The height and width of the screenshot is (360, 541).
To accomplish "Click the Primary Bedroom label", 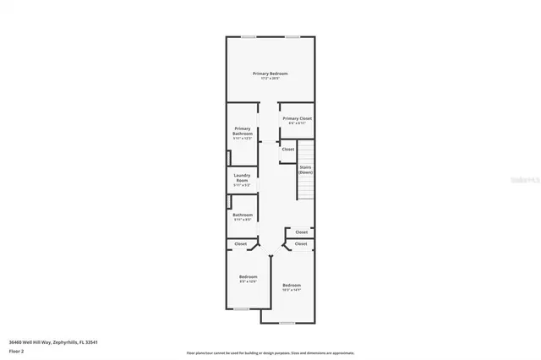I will point(270,74).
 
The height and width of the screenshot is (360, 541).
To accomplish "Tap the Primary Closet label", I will point(297,118).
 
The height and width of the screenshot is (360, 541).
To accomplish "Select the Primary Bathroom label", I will point(243,130).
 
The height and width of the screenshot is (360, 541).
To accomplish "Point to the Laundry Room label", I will point(242,177).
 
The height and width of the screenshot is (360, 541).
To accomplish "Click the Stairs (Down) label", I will point(305,169).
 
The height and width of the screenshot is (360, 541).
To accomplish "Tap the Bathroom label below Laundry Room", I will point(243,215).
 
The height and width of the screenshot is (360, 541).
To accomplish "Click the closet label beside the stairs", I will point(288,149).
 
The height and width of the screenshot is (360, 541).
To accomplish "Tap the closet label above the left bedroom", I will point(241,243).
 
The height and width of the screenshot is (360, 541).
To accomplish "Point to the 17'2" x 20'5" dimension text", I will point(270,78).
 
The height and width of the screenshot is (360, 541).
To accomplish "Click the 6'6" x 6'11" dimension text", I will point(297,123).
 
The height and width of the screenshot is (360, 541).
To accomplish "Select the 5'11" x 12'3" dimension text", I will point(243,138).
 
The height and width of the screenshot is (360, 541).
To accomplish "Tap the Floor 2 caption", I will point(16,349).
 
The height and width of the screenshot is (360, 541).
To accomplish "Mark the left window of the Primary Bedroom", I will point(249,37).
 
